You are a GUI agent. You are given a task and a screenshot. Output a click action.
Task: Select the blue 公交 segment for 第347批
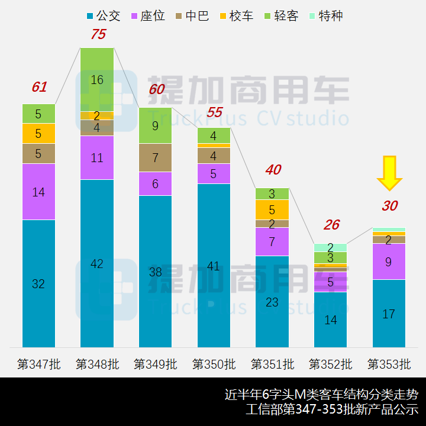(x=38, y=283)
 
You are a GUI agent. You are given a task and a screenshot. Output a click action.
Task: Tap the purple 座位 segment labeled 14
(x=38, y=192)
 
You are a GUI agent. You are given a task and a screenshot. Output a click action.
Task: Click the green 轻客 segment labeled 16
(x=97, y=79)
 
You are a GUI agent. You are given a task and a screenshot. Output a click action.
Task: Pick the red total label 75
(x=98, y=34)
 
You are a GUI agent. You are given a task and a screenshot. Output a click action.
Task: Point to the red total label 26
(x=331, y=225)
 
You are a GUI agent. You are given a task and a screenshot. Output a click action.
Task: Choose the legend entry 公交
(x=103, y=16)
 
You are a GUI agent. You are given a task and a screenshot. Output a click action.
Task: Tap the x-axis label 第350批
(x=214, y=364)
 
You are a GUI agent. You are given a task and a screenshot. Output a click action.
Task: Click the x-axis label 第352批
(x=330, y=364)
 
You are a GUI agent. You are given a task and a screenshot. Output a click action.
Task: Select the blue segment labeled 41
(x=214, y=266)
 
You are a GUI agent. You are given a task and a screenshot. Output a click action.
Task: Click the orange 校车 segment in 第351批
(x=272, y=209)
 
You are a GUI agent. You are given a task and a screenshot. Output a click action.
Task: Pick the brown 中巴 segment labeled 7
(x=155, y=157)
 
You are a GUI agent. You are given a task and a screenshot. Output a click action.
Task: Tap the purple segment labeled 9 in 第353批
(x=389, y=261)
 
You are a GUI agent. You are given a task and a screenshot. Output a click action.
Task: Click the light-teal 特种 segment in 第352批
(x=330, y=247)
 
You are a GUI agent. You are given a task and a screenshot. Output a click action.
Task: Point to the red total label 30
(x=389, y=206)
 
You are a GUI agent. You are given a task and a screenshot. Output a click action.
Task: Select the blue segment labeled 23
(x=272, y=302)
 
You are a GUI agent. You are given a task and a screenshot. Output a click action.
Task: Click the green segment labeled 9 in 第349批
(x=155, y=125)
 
